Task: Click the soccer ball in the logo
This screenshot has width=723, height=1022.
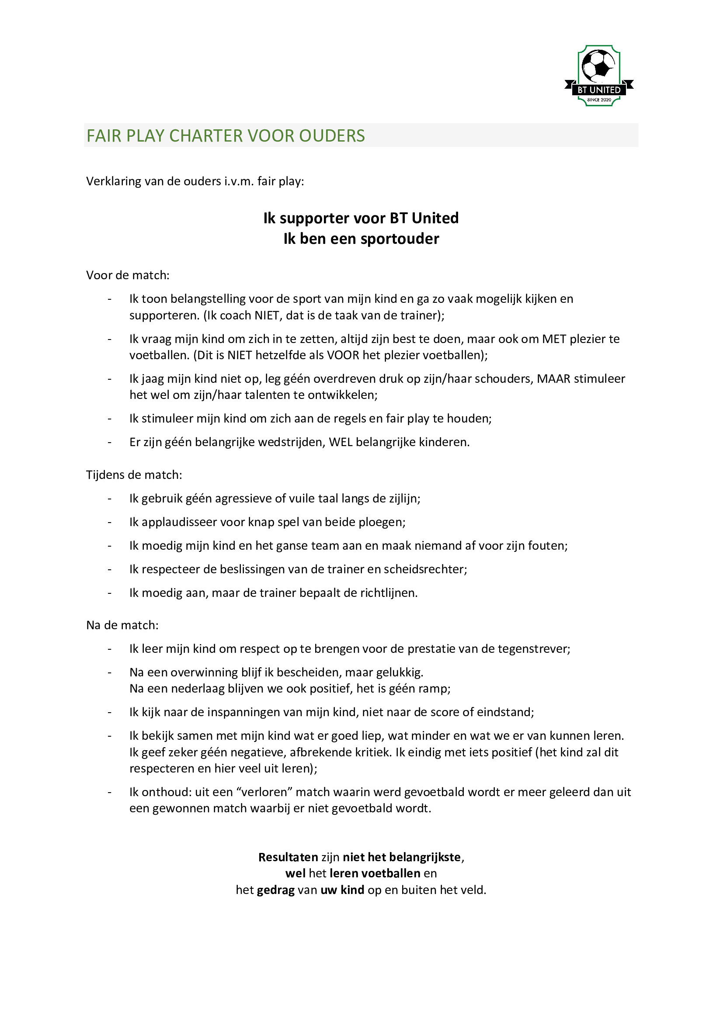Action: pos(598,66)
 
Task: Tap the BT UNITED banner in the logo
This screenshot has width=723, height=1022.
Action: pos(599,90)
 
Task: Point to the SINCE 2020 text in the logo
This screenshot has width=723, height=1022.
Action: pos(599,100)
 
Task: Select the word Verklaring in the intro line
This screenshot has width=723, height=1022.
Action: pos(110,181)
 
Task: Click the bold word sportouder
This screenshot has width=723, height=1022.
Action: pos(400,239)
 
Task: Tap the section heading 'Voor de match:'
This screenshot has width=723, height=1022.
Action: pos(128,275)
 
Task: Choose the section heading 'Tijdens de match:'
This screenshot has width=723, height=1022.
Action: pos(134,475)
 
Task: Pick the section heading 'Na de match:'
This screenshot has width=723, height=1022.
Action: pos(122,625)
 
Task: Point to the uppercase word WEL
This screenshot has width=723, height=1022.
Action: pos(341,442)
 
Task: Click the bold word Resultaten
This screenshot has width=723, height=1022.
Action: pos(288,857)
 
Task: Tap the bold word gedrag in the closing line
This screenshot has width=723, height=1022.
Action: pos(275,890)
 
